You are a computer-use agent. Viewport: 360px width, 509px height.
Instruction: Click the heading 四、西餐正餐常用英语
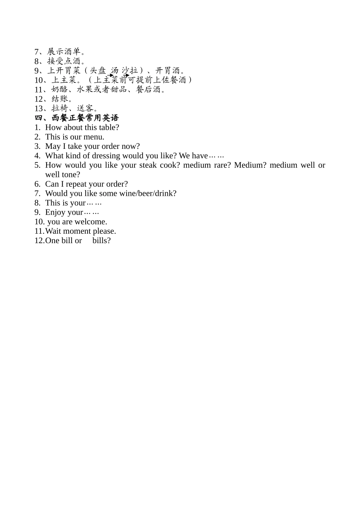pos(77,118)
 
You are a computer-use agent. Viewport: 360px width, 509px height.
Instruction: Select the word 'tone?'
pos(71,175)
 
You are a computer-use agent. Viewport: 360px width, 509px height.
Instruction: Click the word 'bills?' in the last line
pos(102,240)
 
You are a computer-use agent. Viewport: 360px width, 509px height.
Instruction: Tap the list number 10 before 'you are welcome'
pos(39,222)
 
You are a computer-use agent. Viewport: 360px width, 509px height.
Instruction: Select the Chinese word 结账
pos(59,99)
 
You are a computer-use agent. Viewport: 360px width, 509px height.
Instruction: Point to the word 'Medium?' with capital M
pos(250,165)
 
